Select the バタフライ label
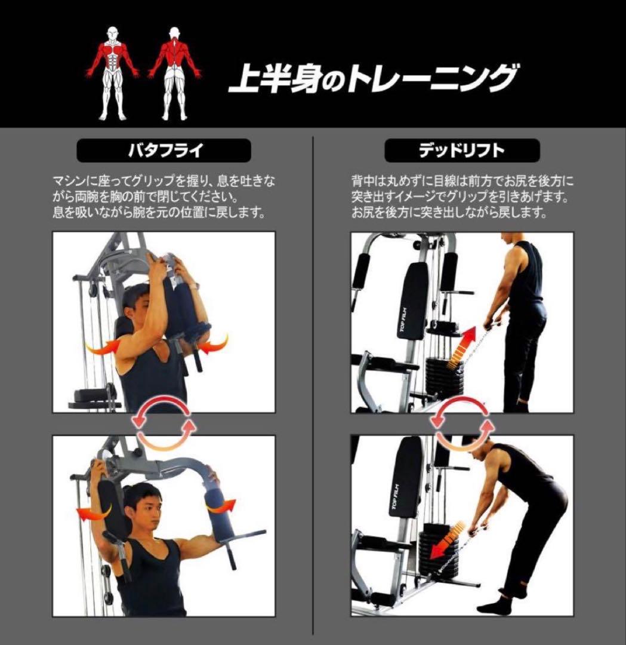tap(164, 150)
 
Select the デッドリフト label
tap(461, 150)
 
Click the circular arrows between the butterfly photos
tap(164, 423)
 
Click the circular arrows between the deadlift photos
tap(462, 423)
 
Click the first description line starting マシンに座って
tap(164, 182)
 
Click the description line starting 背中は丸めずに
tap(462, 182)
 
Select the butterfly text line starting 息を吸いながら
tap(159, 213)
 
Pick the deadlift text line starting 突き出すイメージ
tap(460, 197)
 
